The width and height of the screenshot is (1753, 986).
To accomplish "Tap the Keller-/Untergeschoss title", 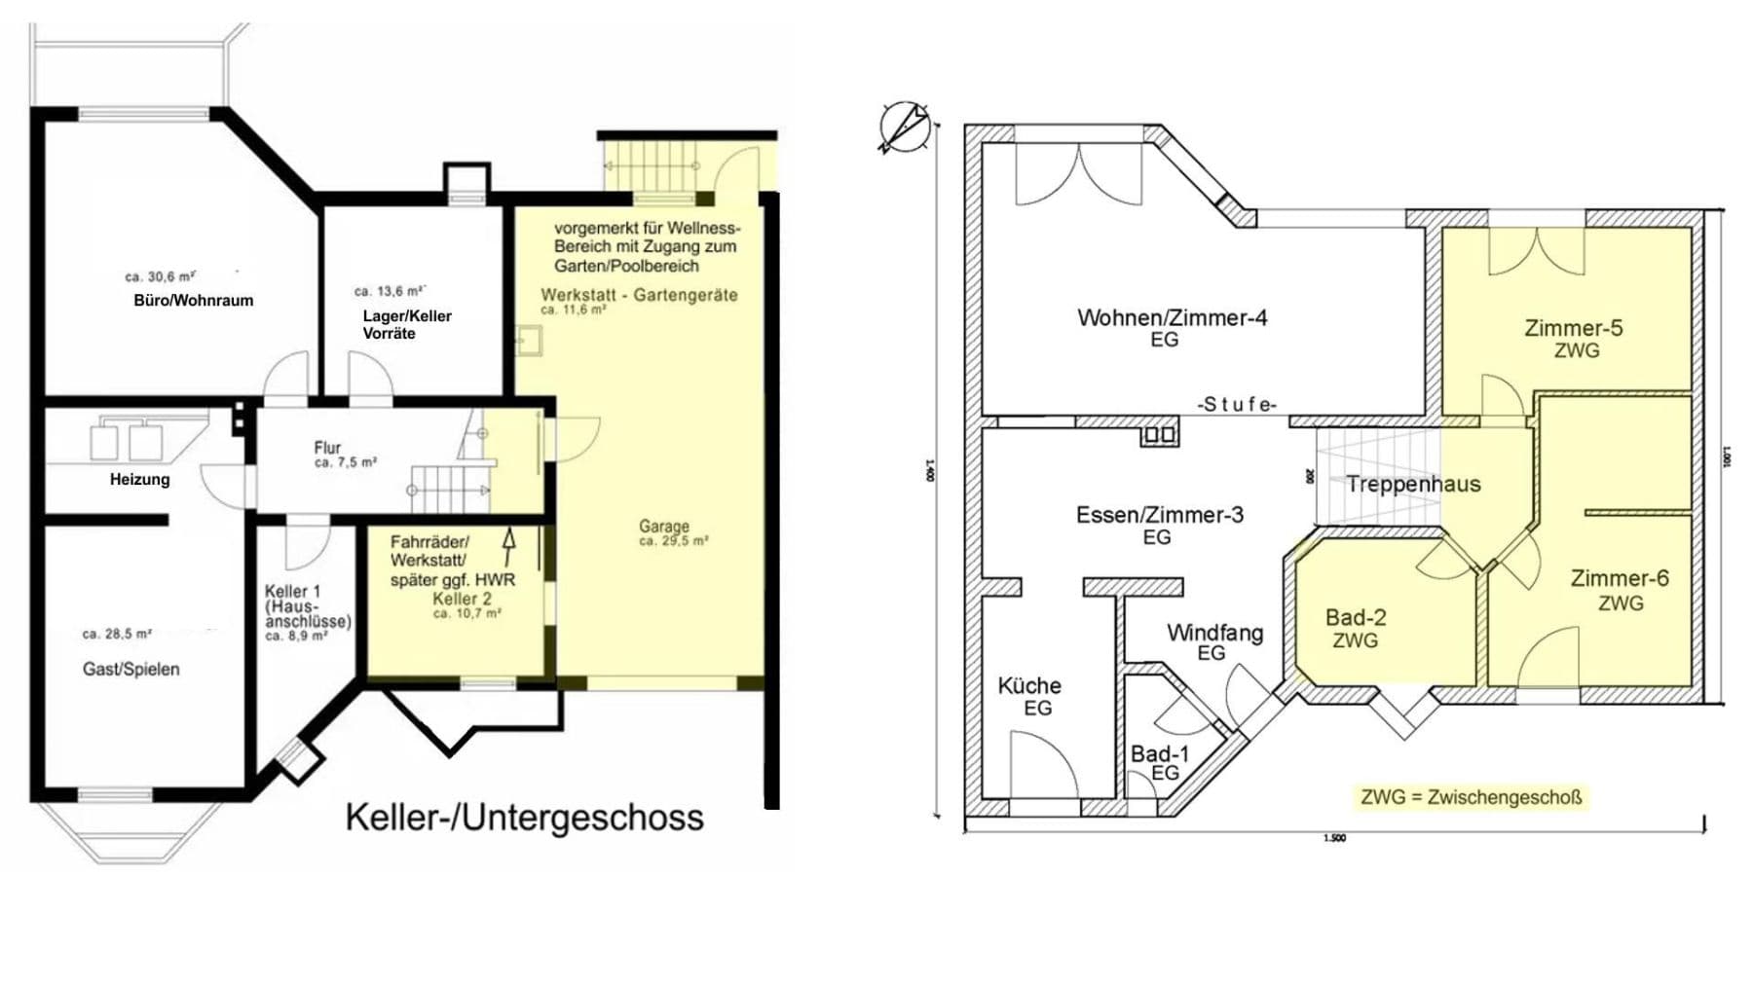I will (x=524, y=817).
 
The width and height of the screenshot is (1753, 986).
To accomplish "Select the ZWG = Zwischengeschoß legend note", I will (x=1470, y=797).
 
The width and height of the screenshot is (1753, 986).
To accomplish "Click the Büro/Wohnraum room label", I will (x=193, y=301).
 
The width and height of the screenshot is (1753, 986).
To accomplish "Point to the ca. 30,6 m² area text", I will (x=160, y=276).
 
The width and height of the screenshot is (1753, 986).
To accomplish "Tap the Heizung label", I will (x=139, y=479).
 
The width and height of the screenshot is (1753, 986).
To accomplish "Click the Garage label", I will (x=664, y=526).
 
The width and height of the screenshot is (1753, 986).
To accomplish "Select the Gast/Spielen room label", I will (x=131, y=669).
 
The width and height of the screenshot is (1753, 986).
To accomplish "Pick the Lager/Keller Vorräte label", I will (x=406, y=324).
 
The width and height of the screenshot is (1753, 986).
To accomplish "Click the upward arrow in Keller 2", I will (x=507, y=548).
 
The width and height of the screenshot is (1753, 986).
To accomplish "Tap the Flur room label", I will (x=327, y=447).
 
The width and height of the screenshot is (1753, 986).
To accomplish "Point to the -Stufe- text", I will (x=1236, y=404).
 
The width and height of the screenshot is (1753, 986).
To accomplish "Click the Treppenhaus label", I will (x=1412, y=484).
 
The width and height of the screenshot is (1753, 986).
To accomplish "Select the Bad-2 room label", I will (x=1355, y=617).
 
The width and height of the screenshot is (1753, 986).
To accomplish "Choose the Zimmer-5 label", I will (x=1573, y=328).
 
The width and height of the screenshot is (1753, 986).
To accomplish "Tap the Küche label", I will (x=1028, y=685).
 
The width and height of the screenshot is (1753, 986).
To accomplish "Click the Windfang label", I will (x=1214, y=633).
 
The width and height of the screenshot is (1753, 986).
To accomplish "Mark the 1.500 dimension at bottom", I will (x=1334, y=838).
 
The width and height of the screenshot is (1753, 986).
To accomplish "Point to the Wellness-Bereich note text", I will (x=647, y=246).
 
